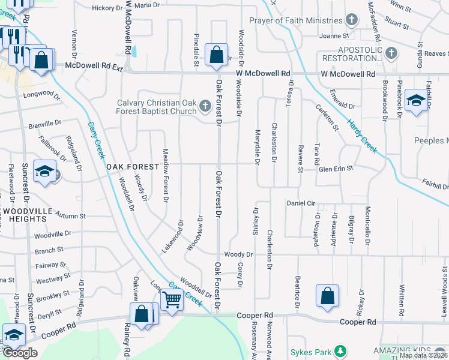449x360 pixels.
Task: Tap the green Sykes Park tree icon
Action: click(x=340, y=350)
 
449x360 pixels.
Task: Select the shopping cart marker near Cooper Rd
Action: click(x=172, y=299)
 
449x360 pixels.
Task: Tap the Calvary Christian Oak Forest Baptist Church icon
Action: click(x=206, y=107)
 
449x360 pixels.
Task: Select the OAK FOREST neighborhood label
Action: click(x=133, y=166)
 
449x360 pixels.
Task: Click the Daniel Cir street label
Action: click(x=301, y=203)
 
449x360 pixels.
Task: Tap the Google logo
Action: click(x=20, y=353)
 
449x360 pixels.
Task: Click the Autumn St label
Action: click(x=70, y=215)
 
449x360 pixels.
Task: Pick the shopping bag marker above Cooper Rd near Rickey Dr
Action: click(x=327, y=296)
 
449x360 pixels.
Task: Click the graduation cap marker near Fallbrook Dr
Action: click(x=44, y=172)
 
